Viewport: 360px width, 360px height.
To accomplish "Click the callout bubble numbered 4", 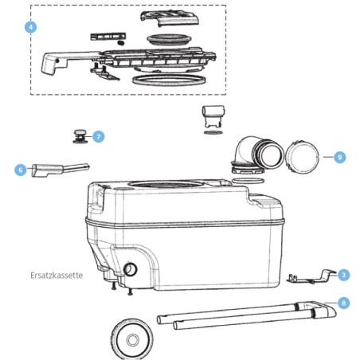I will point(31,27).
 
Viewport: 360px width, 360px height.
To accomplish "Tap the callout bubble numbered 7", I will point(97,136).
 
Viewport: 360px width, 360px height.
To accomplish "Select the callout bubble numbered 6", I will point(21,169).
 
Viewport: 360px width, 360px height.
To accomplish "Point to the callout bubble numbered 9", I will point(339,158).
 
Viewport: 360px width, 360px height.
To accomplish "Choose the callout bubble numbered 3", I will point(343,275).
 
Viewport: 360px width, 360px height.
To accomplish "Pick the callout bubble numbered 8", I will point(343,303).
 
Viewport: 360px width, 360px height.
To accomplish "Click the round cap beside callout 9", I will point(303,158).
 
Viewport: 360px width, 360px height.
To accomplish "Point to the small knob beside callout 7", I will point(80,135).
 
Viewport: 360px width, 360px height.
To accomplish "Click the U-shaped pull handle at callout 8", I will point(239,315).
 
